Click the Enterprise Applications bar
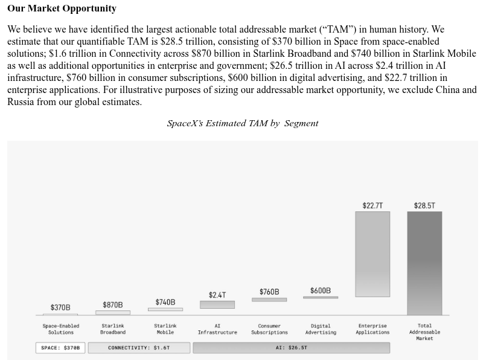coord(372,254)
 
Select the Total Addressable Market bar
coord(424,263)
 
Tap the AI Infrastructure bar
coord(217,304)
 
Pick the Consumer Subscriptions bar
coord(269,300)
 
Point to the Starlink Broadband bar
coord(113,312)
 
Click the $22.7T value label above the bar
coord(372,205)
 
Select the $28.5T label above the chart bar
coord(424,205)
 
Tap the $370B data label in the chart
coord(60,307)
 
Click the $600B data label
coord(321,291)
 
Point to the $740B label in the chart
coord(165,302)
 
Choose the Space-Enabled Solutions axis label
coord(61,329)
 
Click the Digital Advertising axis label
coord(321,329)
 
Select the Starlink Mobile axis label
coord(165,329)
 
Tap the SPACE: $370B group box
coord(60,348)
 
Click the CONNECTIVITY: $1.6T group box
coord(139,348)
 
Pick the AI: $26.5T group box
coord(292,348)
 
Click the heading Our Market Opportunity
coord(62,8)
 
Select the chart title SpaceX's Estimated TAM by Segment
coord(243,123)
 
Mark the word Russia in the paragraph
coord(21,101)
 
